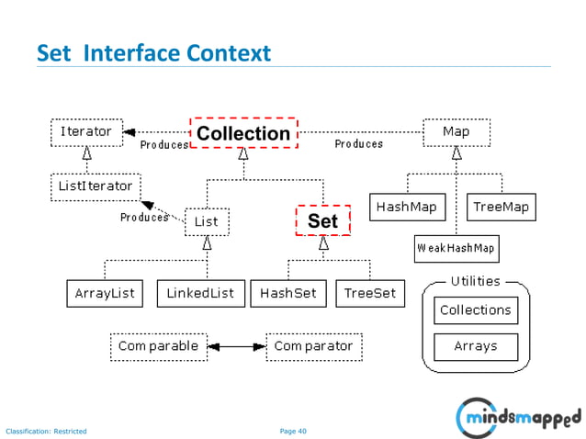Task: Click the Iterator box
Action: [x=86, y=132]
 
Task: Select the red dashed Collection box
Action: [x=243, y=134]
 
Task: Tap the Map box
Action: [x=456, y=132]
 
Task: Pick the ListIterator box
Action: [x=95, y=186]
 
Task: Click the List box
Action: [x=207, y=221]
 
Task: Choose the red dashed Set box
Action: [x=322, y=221]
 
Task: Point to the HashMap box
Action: [x=406, y=208]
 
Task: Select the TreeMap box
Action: [x=501, y=208]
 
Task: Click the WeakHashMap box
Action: [x=456, y=248]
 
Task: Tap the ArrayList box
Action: [x=105, y=294]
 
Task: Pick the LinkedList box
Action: [x=200, y=294]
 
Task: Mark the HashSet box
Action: [x=288, y=294]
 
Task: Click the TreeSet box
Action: [x=370, y=294]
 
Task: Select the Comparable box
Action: [x=158, y=346]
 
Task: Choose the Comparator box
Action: [x=313, y=346]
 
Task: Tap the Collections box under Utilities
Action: [x=475, y=310]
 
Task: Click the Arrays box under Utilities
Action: [x=475, y=346]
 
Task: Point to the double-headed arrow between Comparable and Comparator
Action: [x=236, y=347]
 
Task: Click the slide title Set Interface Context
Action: [x=153, y=54]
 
